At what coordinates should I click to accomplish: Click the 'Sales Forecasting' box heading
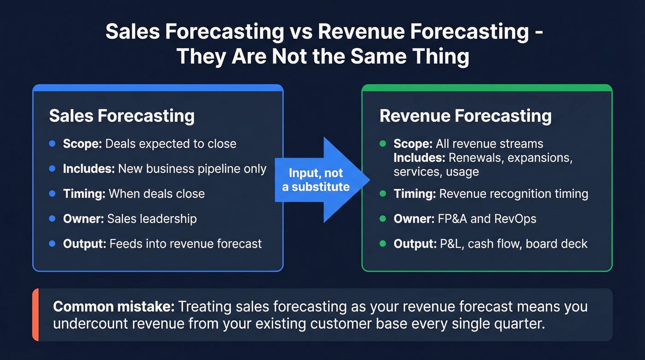pos(122,116)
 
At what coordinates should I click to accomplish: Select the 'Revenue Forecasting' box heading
pos(465,116)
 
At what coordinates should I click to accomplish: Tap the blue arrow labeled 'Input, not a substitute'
pos(322,180)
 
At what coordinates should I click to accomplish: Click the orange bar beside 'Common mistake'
pos(35,315)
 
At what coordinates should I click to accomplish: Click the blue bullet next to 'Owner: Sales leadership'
pos(52,218)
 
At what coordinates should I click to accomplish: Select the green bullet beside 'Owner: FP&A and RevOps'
pos(382,218)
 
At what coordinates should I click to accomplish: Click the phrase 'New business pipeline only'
pos(192,169)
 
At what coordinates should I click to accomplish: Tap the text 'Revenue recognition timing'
pos(513,194)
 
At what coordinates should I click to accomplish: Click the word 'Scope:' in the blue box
pos(82,144)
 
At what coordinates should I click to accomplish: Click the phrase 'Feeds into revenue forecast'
pos(185,243)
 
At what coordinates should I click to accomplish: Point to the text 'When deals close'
pos(157,194)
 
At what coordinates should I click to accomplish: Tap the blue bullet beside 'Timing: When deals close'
pos(52,194)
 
